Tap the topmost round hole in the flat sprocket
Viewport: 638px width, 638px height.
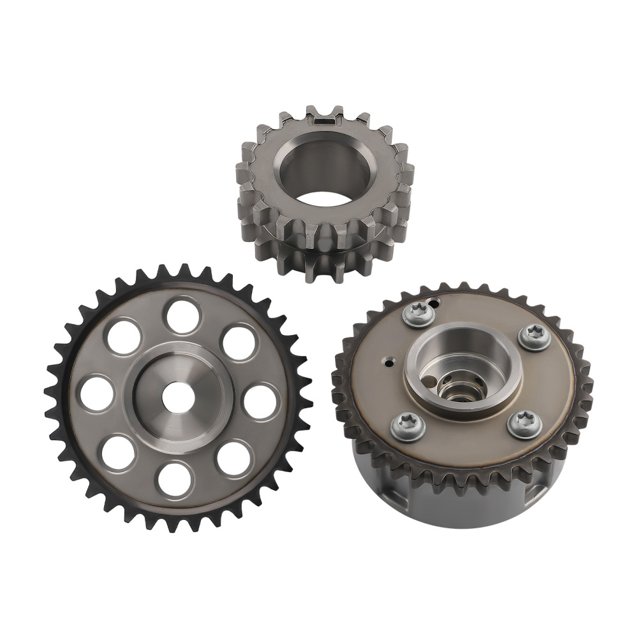pos(182,316)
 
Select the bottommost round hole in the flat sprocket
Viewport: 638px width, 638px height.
pos(174,478)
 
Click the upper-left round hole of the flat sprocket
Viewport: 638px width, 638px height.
pos(124,337)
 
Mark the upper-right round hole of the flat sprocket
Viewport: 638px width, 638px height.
pos(239,343)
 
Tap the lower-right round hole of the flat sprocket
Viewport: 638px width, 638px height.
pos(234,458)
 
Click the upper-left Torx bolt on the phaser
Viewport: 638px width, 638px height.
pos(419,313)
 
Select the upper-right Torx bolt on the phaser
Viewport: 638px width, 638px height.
pos(534,337)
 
